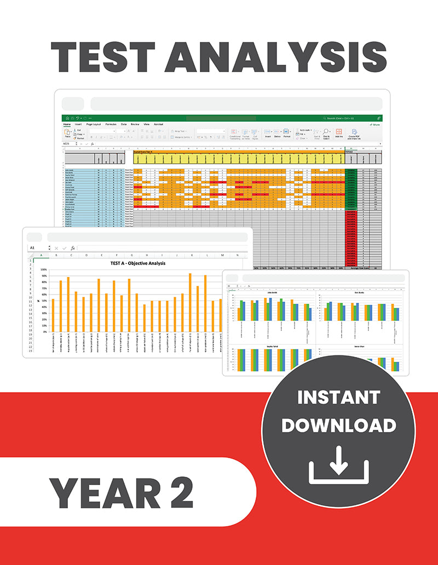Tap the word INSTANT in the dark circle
click(x=338, y=397)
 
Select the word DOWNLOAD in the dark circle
click(x=338, y=425)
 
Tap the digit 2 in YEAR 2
click(x=182, y=492)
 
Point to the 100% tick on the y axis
click(x=43, y=270)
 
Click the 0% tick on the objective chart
click(x=45, y=332)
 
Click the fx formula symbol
click(x=72, y=248)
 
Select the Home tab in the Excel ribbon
click(x=67, y=124)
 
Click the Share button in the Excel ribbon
click(x=376, y=124)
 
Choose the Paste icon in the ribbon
click(x=67, y=133)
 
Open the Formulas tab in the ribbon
click(x=111, y=124)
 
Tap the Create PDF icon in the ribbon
click(x=354, y=133)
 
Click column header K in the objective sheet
click(x=192, y=255)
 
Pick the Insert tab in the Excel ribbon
click(x=78, y=124)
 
